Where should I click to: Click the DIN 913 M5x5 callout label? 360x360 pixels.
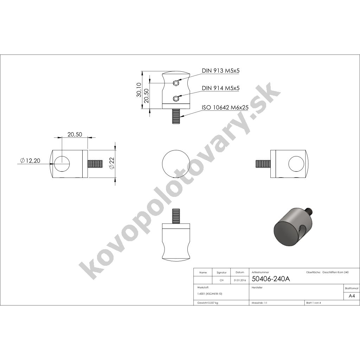[220, 70]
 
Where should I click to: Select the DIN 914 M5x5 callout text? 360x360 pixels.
[220, 88]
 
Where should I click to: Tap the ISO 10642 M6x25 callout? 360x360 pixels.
[225, 108]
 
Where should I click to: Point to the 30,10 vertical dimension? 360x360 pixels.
[139, 90]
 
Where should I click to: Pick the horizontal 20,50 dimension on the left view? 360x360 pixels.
[75, 134]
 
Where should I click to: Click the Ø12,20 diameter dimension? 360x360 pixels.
[30, 161]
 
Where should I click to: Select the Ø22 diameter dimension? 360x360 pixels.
[112, 164]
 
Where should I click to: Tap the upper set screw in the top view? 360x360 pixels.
[176, 83]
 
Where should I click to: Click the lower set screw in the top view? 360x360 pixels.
[176, 98]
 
